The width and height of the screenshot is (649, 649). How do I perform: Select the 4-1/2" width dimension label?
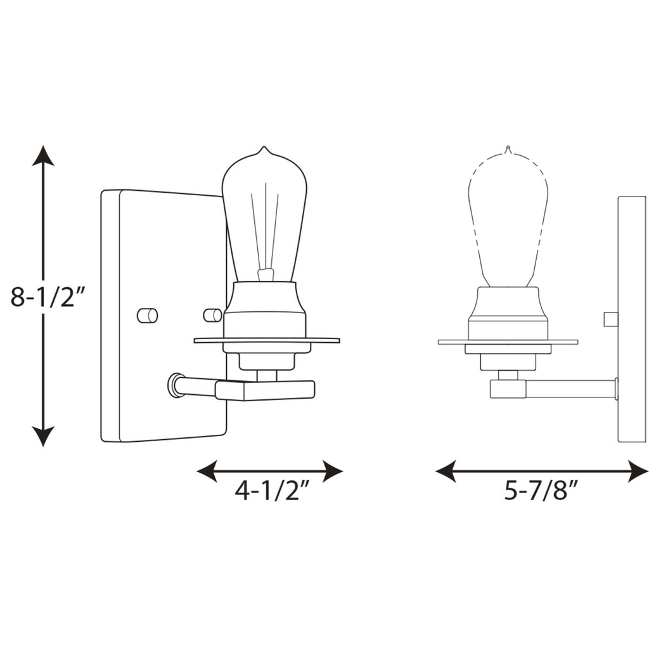pyautogui.click(x=271, y=491)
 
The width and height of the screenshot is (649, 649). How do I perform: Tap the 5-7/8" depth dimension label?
pyautogui.click(x=543, y=491)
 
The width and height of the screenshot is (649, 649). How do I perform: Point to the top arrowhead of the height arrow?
pyautogui.click(x=43, y=155)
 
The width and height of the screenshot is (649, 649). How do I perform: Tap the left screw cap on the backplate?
pyautogui.click(x=148, y=315)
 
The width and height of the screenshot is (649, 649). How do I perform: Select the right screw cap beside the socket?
pyautogui.click(x=212, y=315)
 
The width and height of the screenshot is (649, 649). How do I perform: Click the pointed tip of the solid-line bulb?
pyautogui.click(x=264, y=150)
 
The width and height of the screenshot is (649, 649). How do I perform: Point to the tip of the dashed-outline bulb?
pyautogui.click(x=507, y=150)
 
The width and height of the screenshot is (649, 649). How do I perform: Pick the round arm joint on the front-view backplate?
pyautogui.click(x=173, y=385)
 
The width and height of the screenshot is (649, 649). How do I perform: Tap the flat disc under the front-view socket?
pyautogui.click(x=266, y=341)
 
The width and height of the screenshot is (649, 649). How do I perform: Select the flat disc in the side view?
pyautogui.click(x=508, y=342)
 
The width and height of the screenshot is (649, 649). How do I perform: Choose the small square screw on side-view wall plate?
pyautogui.click(x=611, y=319)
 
